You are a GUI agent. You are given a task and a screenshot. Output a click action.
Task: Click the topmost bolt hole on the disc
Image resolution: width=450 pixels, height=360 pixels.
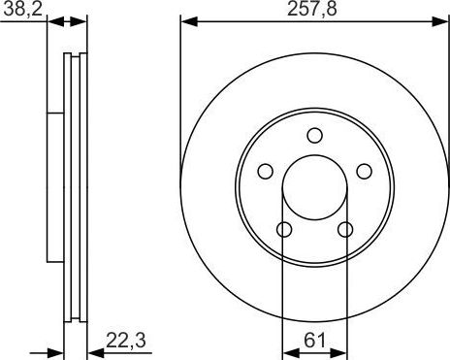(x=313, y=136)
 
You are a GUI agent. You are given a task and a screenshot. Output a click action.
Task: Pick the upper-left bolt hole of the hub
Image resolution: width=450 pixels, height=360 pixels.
(x=263, y=172)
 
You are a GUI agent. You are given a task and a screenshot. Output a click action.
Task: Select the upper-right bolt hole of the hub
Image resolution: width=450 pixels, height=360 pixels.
(x=365, y=172)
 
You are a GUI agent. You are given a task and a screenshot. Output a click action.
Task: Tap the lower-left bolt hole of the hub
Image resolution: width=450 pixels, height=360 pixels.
(x=282, y=230)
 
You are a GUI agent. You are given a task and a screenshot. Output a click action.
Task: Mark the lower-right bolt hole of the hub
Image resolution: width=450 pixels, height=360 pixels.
(x=345, y=230)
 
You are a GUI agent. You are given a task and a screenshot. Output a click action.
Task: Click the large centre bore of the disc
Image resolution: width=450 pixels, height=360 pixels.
(x=313, y=188)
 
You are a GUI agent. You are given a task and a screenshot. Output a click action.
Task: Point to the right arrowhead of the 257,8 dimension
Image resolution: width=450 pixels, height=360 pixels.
(x=440, y=21)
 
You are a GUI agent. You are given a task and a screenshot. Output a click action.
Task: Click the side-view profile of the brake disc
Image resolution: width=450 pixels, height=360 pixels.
(x=73, y=184)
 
